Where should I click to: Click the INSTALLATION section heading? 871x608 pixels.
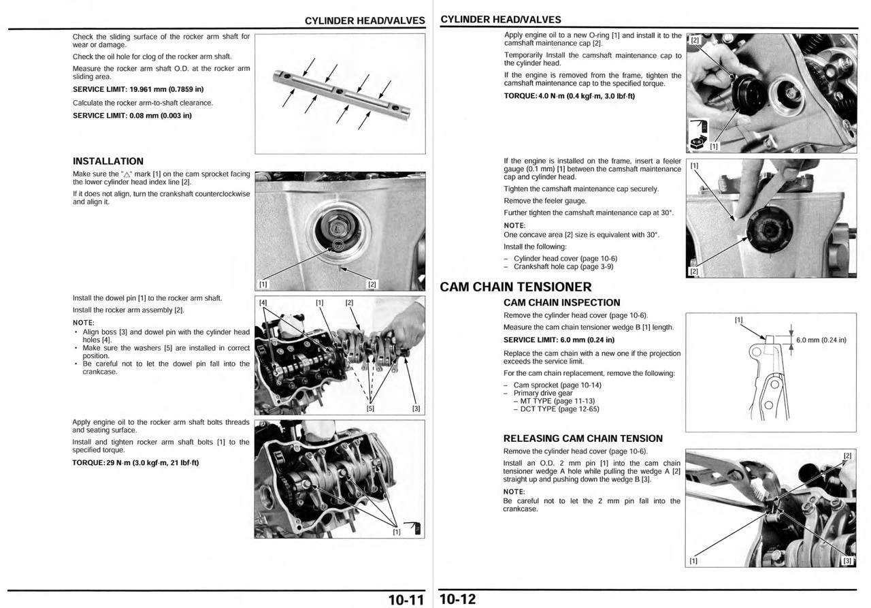pyautogui.click(x=108, y=161)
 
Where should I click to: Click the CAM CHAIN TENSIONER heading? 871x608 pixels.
pyautogui.click(x=516, y=287)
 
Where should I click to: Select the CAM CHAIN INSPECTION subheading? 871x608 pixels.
pyautogui.click(x=561, y=303)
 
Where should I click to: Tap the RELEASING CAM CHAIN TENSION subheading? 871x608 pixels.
pyautogui.click(x=582, y=438)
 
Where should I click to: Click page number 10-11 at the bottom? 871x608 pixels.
pyautogui.click(x=406, y=600)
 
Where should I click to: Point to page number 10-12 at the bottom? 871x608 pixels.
pyautogui.click(x=458, y=600)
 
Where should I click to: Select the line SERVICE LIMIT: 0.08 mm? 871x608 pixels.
pyautogui.click(x=132, y=115)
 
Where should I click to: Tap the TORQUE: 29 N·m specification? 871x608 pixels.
pyautogui.click(x=135, y=463)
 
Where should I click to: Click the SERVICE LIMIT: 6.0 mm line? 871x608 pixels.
pyautogui.click(x=559, y=340)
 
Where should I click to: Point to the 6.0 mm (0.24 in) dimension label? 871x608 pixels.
pyautogui.click(x=821, y=340)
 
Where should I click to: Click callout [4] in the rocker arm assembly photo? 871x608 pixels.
pyautogui.click(x=263, y=302)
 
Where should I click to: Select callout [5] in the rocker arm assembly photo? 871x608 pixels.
pyautogui.click(x=370, y=409)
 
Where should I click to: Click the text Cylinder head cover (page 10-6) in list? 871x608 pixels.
pyautogui.click(x=565, y=259)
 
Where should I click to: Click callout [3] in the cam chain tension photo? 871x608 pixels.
pyautogui.click(x=847, y=561)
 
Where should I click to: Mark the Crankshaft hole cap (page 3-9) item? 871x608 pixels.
pyautogui.click(x=563, y=267)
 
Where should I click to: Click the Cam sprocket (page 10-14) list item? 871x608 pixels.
pyautogui.click(x=557, y=385)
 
